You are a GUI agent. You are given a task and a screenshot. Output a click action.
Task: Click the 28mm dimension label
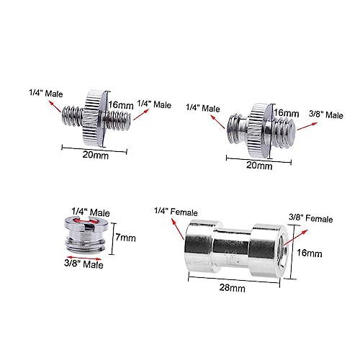(233, 287)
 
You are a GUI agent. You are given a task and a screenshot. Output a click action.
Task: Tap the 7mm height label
(125, 238)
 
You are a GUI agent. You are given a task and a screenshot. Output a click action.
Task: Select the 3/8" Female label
(310, 218)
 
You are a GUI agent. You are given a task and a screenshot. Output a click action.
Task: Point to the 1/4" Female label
(176, 212)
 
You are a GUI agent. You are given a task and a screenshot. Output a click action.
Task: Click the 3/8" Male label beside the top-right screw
(326, 114)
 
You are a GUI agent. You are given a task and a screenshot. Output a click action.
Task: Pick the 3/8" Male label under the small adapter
(84, 264)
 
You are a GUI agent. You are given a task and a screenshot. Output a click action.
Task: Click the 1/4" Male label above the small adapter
(91, 212)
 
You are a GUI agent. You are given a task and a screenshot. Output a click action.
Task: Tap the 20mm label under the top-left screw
(96, 155)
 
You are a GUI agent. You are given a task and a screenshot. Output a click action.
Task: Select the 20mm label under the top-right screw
(259, 166)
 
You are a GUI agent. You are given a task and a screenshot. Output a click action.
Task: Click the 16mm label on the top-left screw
(121, 105)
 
